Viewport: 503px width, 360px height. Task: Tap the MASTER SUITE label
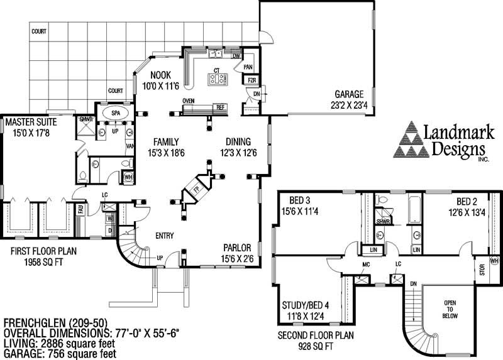point(31,121)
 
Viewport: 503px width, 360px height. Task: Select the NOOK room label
point(152,75)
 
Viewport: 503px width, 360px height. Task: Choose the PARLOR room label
point(237,247)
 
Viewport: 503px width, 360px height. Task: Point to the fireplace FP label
point(196,188)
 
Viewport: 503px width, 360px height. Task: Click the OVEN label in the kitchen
point(188,101)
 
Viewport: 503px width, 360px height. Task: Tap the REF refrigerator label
point(221,107)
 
